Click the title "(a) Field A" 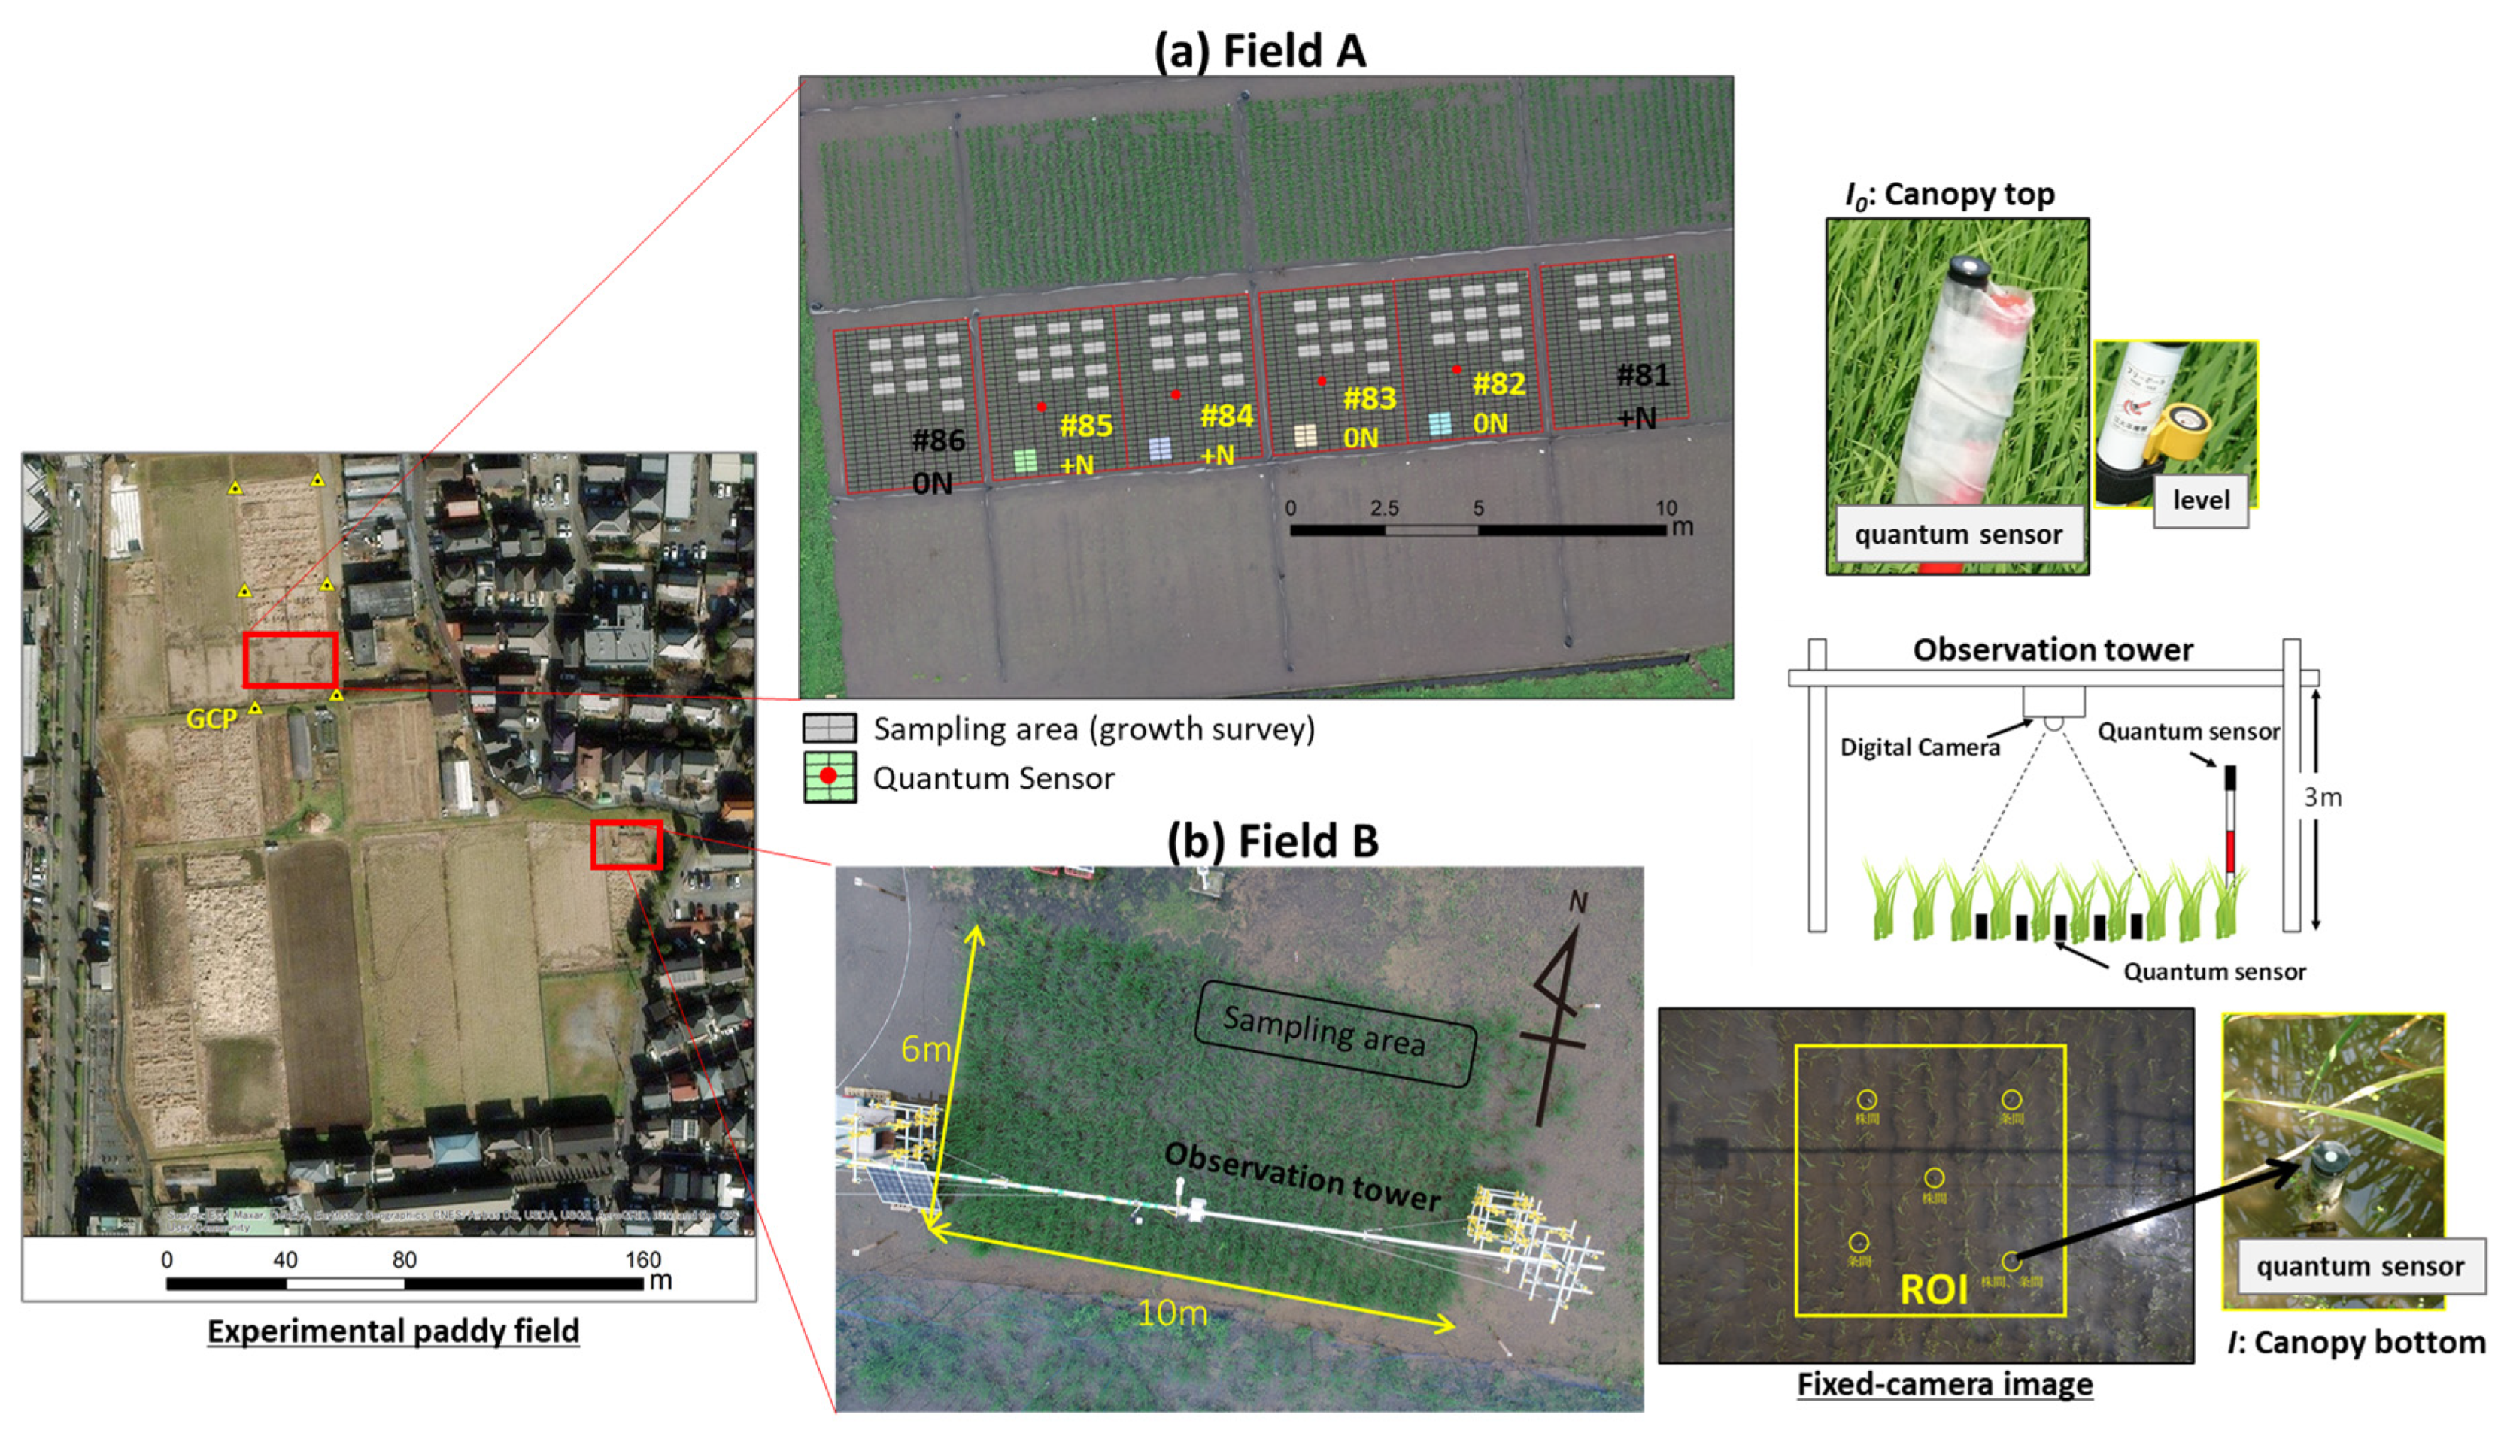pos(1259,50)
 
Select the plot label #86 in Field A pos(937,441)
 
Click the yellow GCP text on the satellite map pos(211,719)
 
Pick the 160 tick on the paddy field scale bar pos(642,1259)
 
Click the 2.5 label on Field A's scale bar pos(1384,508)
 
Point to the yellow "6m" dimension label pos(924,1049)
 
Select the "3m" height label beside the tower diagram pos(2322,797)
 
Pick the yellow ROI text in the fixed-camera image pos(1932,1289)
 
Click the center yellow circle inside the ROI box pos(1933,1178)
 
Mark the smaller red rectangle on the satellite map pos(626,844)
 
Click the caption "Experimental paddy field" pos(393,1331)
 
